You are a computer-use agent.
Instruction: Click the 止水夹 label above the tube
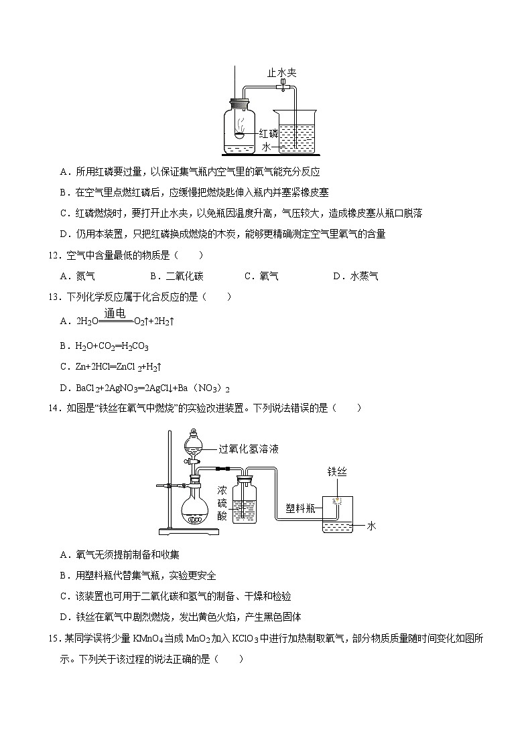coord(281,72)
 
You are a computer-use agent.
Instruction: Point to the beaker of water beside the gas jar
coord(296,131)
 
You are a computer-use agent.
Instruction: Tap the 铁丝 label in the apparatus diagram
coord(337,472)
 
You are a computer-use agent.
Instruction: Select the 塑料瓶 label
coord(300,508)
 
